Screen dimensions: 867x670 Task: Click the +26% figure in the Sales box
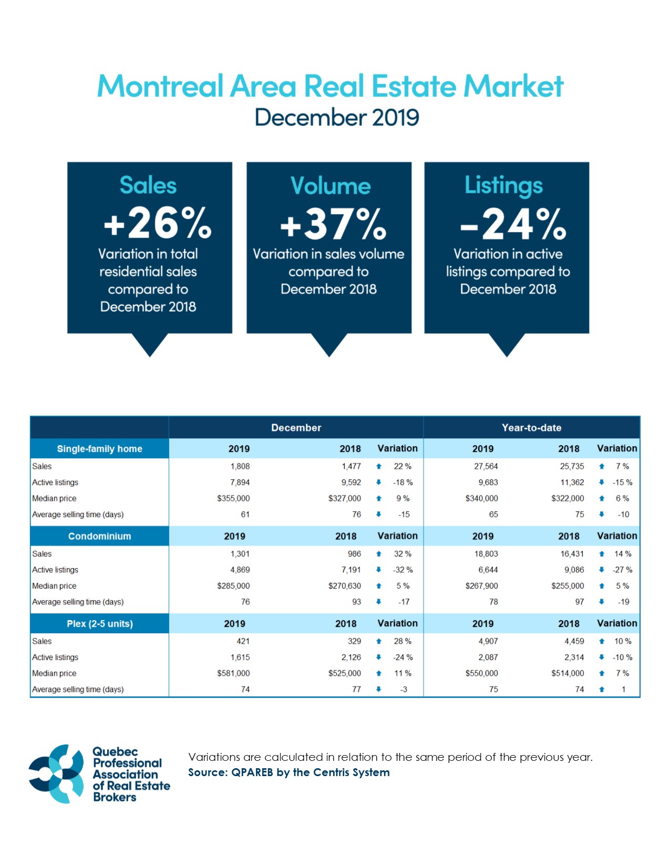point(158,223)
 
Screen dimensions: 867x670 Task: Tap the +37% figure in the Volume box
point(333,224)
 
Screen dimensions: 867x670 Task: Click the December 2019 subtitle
point(337,117)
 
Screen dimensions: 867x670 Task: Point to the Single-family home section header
point(99,449)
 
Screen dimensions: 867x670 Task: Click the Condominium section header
point(99,536)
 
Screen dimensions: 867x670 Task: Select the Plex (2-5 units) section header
point(99,624)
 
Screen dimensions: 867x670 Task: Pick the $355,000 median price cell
point(233,498)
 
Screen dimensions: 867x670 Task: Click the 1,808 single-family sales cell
point(240,466)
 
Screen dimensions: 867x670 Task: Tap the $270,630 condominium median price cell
point(344,586)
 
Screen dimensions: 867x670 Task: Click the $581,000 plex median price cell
point(233,673)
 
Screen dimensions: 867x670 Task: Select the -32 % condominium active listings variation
point(403,570)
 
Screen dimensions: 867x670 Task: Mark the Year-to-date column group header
point(531,428)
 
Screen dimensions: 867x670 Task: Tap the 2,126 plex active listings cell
point(351,657)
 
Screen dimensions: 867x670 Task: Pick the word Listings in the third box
point(503,185)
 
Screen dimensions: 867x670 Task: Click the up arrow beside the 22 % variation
point(378,466)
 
